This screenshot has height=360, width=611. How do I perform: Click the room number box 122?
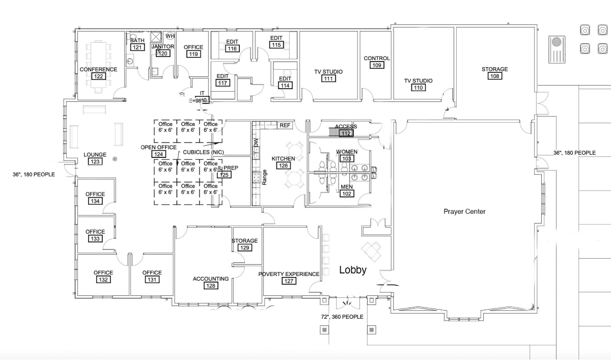(98, 76)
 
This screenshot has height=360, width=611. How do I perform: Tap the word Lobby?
(353, 270)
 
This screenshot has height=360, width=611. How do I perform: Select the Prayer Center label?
(464, 211)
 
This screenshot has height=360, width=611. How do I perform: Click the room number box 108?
(494, 76)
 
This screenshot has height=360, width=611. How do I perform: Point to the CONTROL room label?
(377, 58)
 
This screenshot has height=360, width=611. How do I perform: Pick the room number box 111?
(328, 78)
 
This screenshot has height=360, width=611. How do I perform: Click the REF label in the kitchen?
(285, 125)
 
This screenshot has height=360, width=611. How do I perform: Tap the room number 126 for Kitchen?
(283, 165)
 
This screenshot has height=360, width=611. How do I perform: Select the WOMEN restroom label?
(346, 152)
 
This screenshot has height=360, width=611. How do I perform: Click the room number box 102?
(346, 193)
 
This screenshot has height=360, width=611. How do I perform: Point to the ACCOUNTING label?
(210, 279)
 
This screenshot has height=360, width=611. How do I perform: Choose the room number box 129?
(245, 248)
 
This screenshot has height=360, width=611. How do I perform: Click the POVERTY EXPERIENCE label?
(289, 274)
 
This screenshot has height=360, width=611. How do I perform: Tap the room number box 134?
(95, 201)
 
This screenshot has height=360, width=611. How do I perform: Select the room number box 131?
(152, 280)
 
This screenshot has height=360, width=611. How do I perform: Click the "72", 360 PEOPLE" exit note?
(342, 317)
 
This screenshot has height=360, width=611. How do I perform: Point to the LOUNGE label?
(95, 155)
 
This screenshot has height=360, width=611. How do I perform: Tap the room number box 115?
(276, 45)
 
